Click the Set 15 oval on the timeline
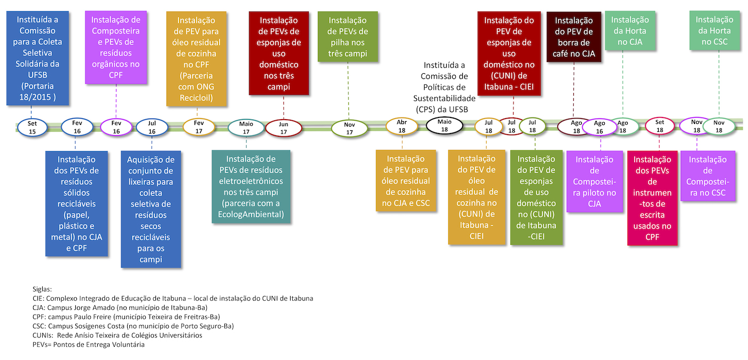click(32, 128)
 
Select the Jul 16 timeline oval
click(152, 127)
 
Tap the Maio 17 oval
click(246, 128)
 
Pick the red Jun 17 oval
click(284, 128)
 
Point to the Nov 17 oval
click(349, 129)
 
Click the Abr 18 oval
click(402, 127)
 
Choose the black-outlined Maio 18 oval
click(445, 126)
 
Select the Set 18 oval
click(659, 126)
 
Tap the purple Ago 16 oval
click(599, 127)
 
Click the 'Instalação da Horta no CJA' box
click(630, 31)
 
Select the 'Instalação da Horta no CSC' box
click(715, 31)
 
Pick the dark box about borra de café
click(574, 37)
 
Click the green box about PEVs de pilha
click(348, 37)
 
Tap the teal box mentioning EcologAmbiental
click(251, 187)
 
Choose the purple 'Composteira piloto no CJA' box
click(594, 182)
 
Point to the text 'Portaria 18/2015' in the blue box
click(37, 91)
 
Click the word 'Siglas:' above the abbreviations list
click(42, 289)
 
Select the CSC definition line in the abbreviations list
click(133, 326)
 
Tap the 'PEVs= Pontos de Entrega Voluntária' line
click(89, 345)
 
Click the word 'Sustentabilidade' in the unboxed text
click(444, 98)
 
